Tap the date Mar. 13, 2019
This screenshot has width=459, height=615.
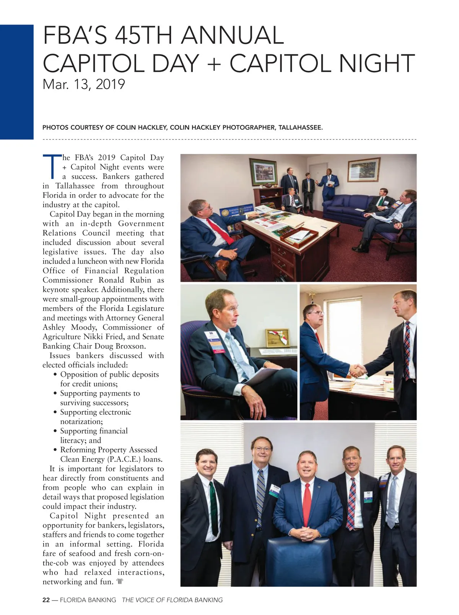click(84, 84)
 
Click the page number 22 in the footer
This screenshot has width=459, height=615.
click(46, 600)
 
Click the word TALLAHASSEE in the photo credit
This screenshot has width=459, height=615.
click(300, 128)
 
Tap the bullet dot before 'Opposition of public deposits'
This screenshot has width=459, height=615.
click(55, 375)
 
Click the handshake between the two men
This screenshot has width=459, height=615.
click(358, 370)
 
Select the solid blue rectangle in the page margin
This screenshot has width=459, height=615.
click(16, 82)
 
